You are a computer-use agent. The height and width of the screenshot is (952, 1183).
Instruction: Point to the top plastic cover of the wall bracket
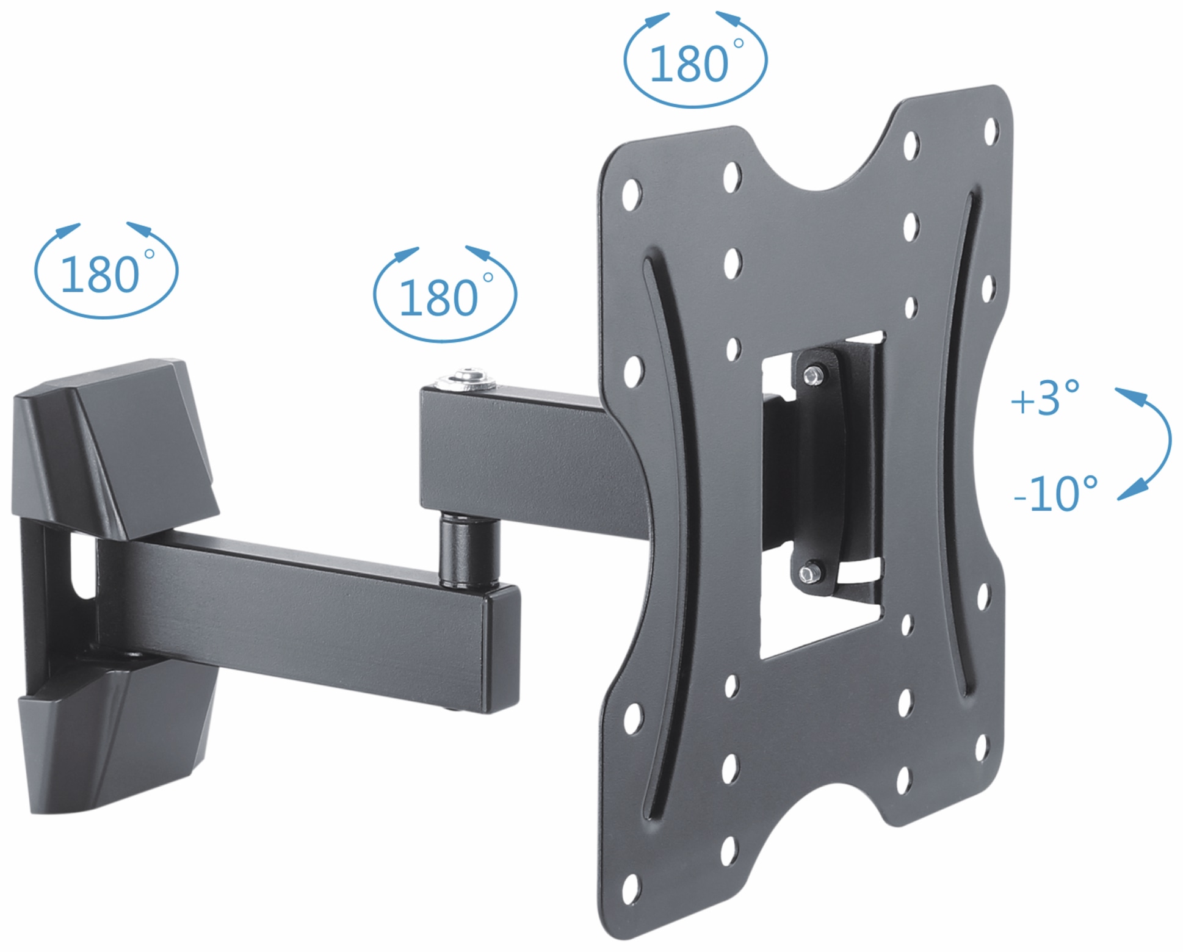coord(116,445)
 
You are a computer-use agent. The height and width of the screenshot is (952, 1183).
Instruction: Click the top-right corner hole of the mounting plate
coord(991,131)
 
